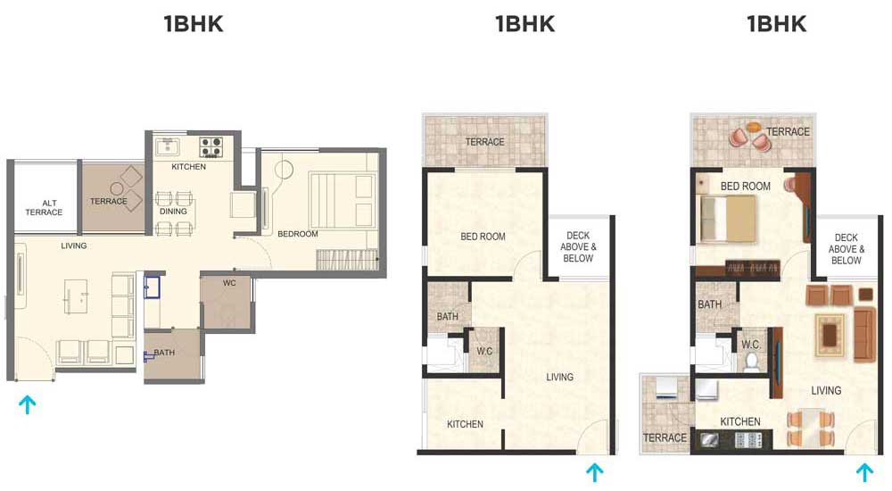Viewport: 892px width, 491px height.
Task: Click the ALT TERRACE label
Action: pyautogui.click(x=44, y=207)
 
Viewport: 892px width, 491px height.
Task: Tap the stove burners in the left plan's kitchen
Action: pyautogui.click(x=211, y=146)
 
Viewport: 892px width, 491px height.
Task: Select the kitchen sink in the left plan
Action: pyautogui.click(x=168, y=146)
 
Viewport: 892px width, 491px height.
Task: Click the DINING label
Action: pyautogui.click(x=173, y=211)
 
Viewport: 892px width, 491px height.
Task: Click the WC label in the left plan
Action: pyautogui.click(x=229, y=282)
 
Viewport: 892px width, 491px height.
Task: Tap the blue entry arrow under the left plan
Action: pyautogui.click(x=27, y=404)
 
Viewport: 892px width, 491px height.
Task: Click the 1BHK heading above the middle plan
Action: pyautogui.click(x=524, y=24)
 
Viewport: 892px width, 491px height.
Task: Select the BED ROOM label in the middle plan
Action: pyautogui.click(x=483, y=237)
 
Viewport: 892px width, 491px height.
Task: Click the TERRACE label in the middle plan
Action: pyautogui.click(x=484, y=142)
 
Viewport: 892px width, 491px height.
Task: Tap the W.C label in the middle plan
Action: pyautogui.click(x=484, y=351)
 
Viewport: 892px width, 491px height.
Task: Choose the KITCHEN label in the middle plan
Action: pyautogui.click(x=465, y=424)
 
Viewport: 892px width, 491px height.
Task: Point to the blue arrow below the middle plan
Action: pyautogui.click(x=594, y=472)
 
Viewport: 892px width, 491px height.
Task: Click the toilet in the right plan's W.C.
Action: pyautogui.click(x=751, y=361)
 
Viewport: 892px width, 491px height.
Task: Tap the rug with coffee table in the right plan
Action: pyautogui.click(x=830, y=336)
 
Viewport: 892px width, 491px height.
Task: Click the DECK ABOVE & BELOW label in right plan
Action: pyautogui.click(x=846, y=249)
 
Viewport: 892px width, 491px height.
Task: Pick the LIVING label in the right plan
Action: pyautogui.click(x=826, y=391)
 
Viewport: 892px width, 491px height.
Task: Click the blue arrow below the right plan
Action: pyautogui.click(x=864, y=472)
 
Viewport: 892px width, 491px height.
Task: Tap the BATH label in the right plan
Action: pyautogui.click(x=709, y=304)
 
